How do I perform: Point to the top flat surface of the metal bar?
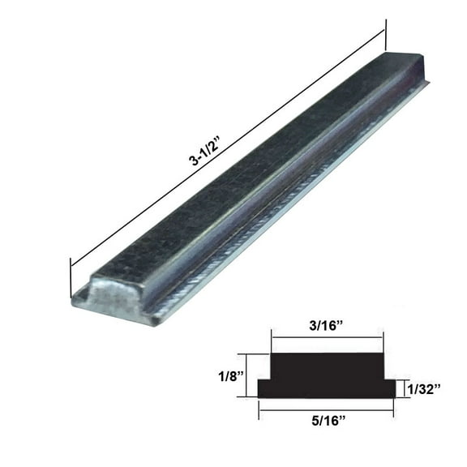(x=243, y=178)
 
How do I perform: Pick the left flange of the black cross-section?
(x=264, y=388)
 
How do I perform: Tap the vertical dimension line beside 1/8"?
(x=247, y=375)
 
